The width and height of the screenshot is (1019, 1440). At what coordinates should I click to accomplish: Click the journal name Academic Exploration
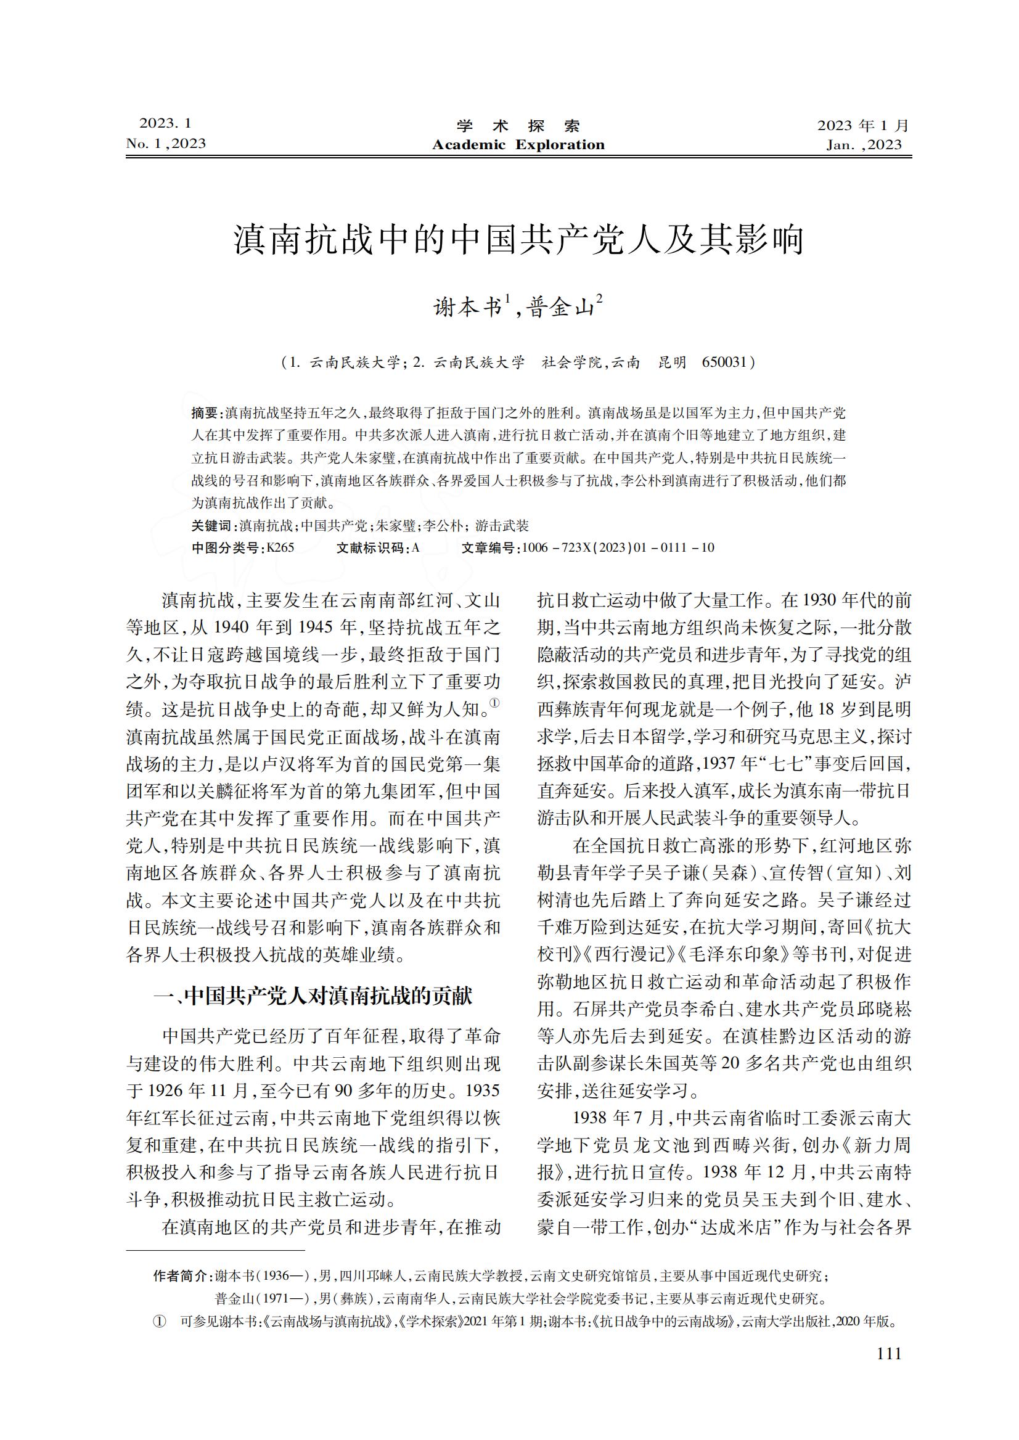518,145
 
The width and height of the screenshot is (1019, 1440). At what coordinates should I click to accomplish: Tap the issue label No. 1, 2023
166,144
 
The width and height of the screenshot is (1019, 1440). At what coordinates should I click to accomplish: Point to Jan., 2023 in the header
864,145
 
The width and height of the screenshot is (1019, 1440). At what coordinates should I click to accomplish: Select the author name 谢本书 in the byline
467,308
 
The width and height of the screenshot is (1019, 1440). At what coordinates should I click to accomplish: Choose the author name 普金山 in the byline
561,308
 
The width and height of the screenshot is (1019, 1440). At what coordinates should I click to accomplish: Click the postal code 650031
724,362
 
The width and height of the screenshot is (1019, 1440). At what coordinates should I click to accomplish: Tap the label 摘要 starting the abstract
205,413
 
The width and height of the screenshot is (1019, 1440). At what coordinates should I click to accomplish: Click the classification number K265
280,548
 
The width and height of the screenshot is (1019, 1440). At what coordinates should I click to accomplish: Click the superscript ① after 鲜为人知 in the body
494,703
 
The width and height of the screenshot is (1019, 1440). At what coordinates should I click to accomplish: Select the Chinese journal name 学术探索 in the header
518,126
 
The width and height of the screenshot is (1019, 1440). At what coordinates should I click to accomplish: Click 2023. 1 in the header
165,123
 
